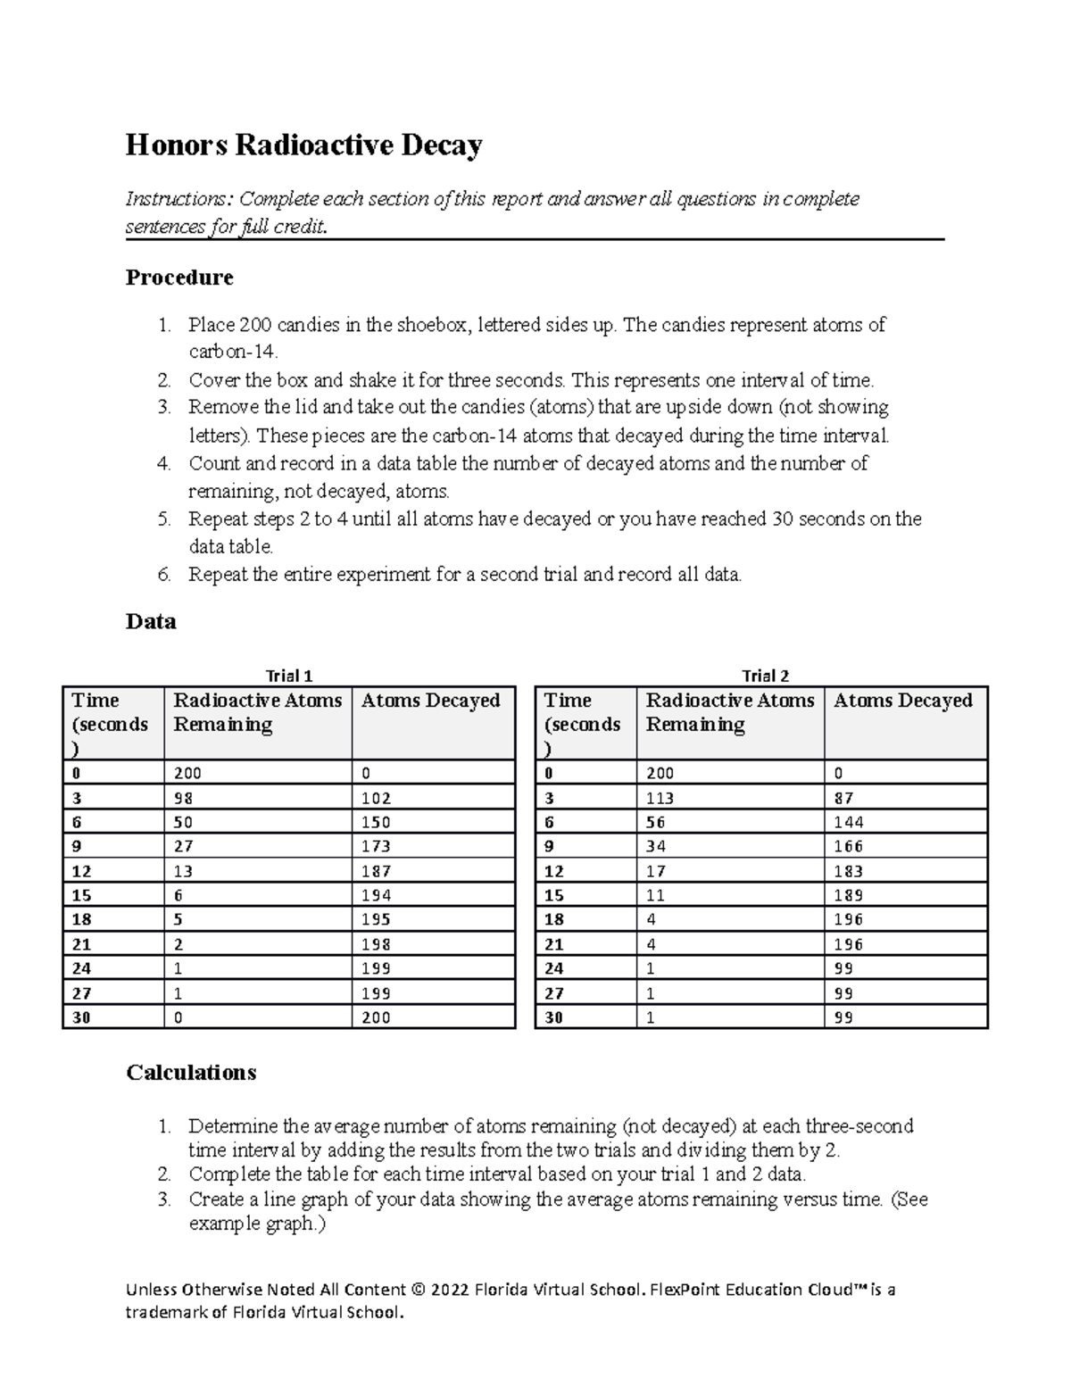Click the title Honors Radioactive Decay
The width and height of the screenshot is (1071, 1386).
[x=303, y=145]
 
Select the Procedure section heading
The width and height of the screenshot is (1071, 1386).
[x=179, y=278]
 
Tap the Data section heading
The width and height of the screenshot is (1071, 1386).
[x=151, y=621]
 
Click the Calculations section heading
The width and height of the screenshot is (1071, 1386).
[x=191, y=1072]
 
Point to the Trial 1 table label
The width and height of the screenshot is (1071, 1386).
[x=290, y=676]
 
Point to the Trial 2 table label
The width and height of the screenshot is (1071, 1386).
[x=765, y=676]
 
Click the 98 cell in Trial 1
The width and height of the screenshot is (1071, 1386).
[x=183, y=798]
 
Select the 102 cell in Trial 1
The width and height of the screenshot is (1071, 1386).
[x=376, y=798]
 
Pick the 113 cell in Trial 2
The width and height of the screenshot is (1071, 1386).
[x=660, y=798]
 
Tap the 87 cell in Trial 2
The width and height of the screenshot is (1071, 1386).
[x=844, y=798]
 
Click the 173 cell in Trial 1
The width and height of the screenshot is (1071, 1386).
[x=376, y=846]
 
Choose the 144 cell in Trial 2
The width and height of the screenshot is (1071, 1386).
[x=849, y=822]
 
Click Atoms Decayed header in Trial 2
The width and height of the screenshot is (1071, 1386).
[x=902, y=701]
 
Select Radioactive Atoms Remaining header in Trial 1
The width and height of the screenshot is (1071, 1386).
[x=257, y=712]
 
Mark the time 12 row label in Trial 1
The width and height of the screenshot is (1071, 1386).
[x=81, y=871]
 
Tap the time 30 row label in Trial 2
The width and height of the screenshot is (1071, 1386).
[x=553, y=1017]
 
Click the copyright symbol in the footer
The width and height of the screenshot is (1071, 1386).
[x=419, y=1290]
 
